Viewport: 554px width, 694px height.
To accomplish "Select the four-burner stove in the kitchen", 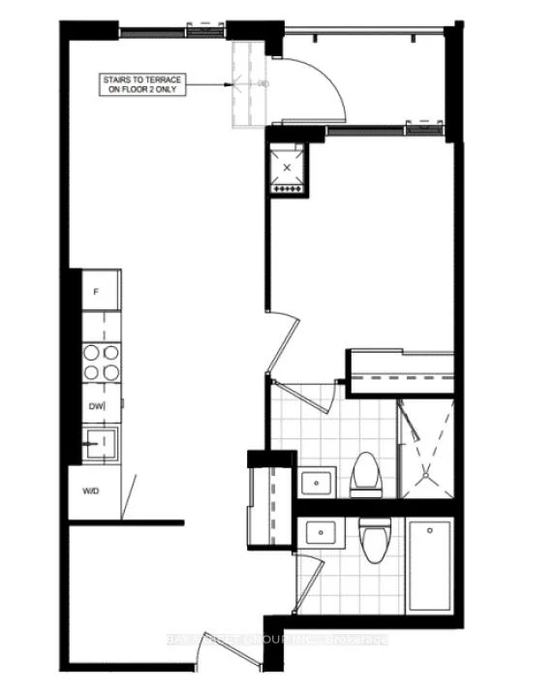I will click(x=101, y=362).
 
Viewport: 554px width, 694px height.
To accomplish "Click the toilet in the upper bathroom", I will click(x=367, y=475).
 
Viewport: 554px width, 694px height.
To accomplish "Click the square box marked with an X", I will click(x=287, y=168).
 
